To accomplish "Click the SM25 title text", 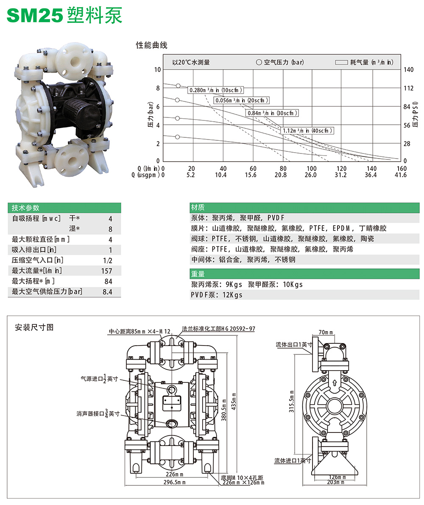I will pyautogui.click(x=35, y=16).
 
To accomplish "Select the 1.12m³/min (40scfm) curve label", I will pyautogui.click(x=307, y=131).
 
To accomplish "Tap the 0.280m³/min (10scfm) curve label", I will pyautogui.click(x=216, y=90).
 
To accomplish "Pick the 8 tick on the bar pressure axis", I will pyautogui.click(x=158, y=88).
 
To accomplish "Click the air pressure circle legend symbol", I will pyautogui.click(x=259, y=62).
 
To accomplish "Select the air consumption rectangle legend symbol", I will pyautogui.click(x=341, y=62).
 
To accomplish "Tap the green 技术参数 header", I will pyautogui.click(x=25, y=208).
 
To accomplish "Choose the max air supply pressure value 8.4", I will pyautogui.click(x=107, y=292).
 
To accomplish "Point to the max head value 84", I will pyautogui.click(x=108, y=282).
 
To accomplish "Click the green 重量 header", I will pyautogui.click(x=198, y=274).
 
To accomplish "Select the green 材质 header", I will pyautogui.click(x=198, y=208).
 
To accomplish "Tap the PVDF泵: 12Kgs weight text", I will pyautogui.click(x=217, y=295).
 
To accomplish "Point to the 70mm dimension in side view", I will pyautogui.click(x=325, y=332).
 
